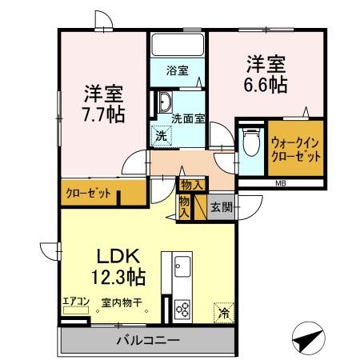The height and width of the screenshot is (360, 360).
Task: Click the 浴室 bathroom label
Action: [178, 70]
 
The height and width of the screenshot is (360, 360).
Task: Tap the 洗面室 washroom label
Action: [188, 118]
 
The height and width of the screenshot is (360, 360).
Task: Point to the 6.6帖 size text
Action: [266, 82]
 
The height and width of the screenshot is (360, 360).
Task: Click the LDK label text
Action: [119, 257]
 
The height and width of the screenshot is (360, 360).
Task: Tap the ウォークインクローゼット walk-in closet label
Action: [296, 150]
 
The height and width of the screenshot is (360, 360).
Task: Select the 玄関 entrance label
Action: [222, 206]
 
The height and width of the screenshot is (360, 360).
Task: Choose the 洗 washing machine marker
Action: [162, 135]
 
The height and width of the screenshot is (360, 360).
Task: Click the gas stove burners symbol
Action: [181, 308]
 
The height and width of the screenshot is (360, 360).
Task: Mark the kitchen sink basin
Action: [180, 264]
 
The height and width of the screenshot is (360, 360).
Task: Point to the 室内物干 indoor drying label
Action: [122, 302]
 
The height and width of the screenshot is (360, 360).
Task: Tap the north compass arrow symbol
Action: [306, 339]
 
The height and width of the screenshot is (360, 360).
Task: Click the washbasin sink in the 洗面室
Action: [163, 102]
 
